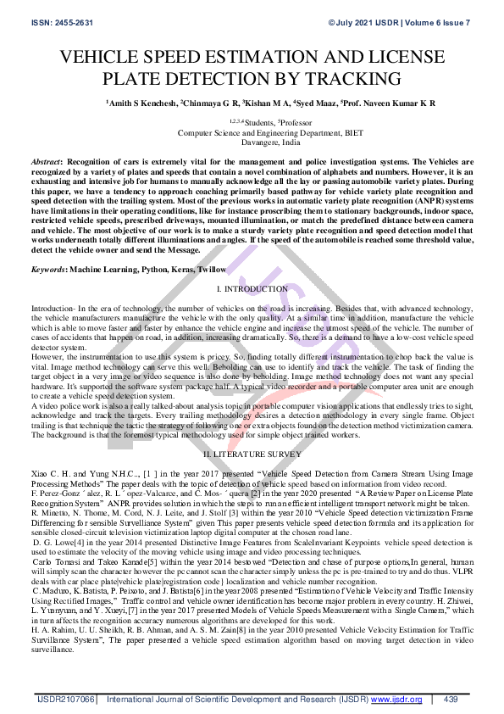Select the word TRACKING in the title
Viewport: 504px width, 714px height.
click(x=352, y=80)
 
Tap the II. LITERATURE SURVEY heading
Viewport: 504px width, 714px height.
click(x=252, y=455)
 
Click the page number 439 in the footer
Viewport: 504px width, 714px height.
click(x=451, y=700)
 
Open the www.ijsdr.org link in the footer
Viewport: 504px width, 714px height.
click(x=396, y=700)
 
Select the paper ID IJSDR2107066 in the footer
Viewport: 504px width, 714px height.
click(x=65, y=700)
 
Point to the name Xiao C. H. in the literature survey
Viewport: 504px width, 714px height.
click(x=47, y=471)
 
